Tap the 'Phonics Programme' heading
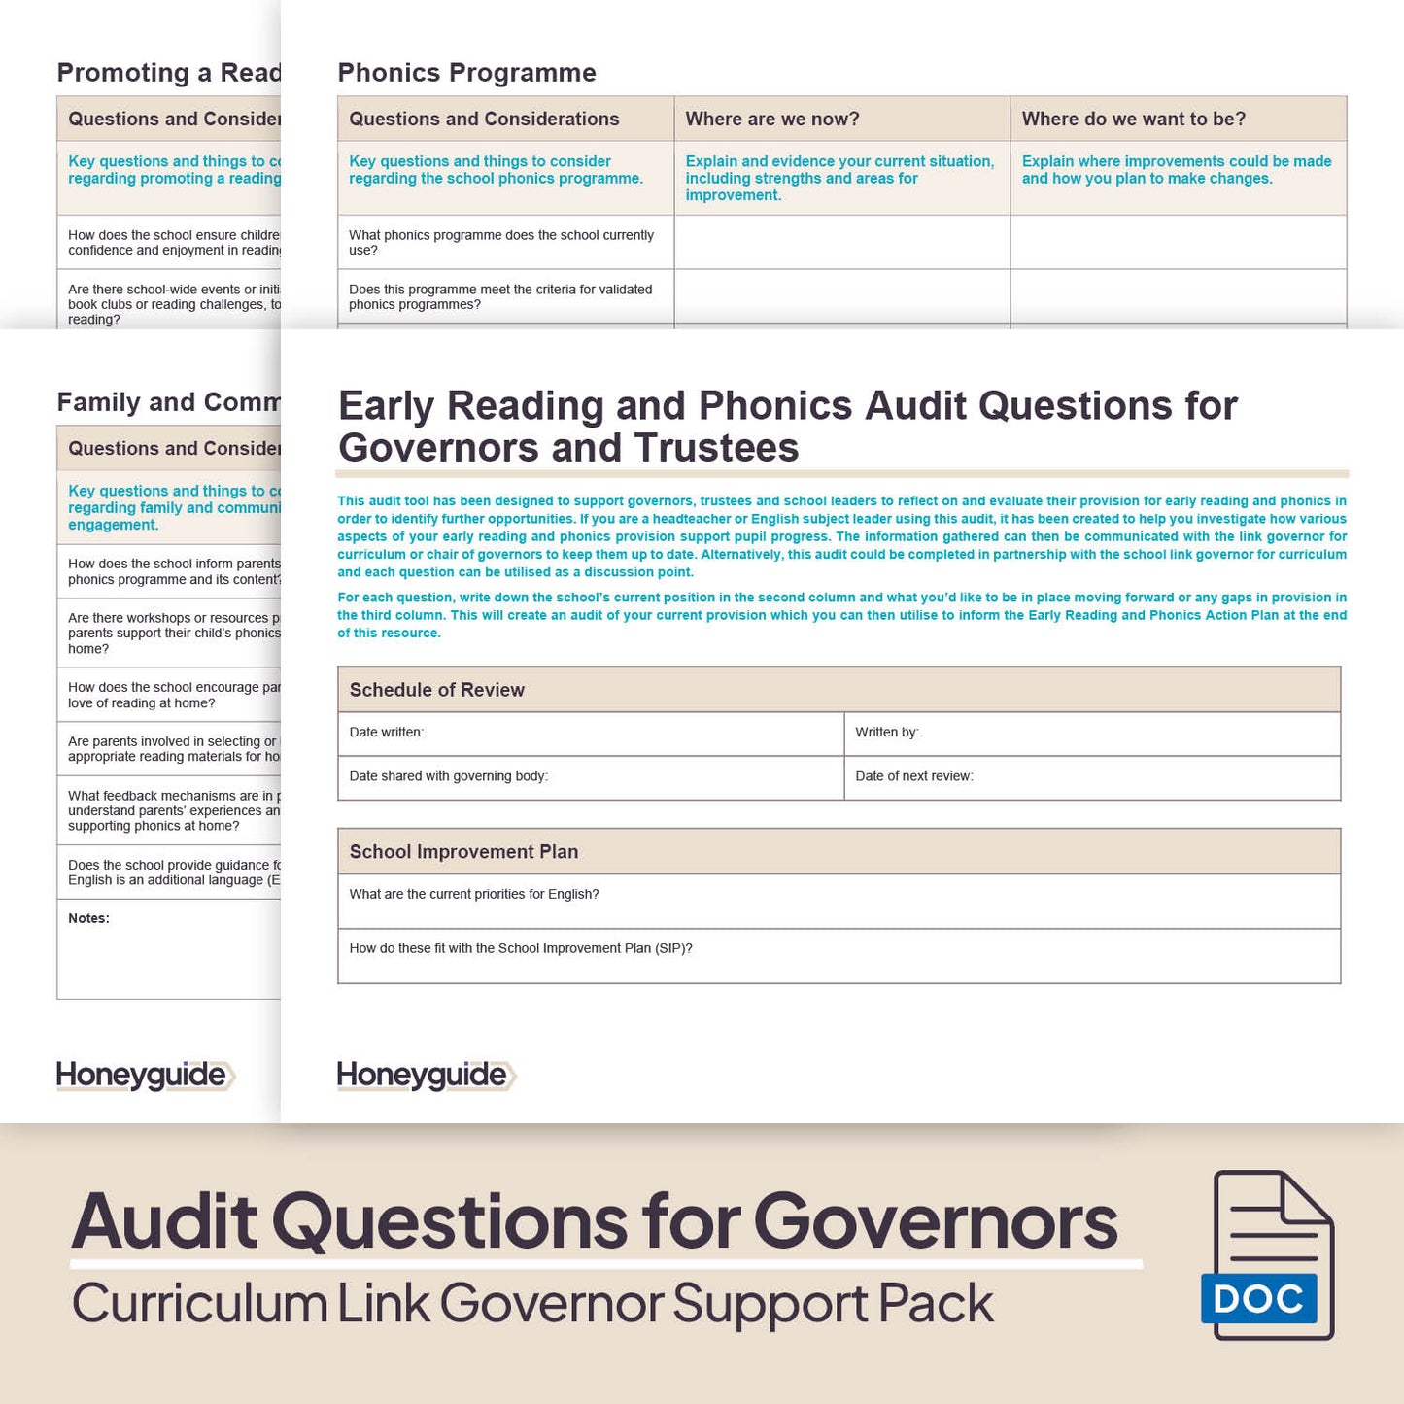[x=466, y=73]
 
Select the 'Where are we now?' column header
[x=772, y=120]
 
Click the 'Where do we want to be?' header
[x=1133, y=120]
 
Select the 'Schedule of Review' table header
[x=436, y=690]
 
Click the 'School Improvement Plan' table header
[x=463, y=852]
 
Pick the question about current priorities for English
[x=474, y=895]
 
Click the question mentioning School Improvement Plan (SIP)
[x=521, y=949]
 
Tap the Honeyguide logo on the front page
[x=426, y=1075]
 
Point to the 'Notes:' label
[x=88, y=919]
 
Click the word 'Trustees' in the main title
[x=716, y=448]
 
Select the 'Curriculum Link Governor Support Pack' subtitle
[x=532, y=1304]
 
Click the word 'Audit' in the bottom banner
[x=164, y=1221]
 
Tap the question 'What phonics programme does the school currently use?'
[x=500, y=243]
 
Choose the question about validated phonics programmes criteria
[x=500, y=297]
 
